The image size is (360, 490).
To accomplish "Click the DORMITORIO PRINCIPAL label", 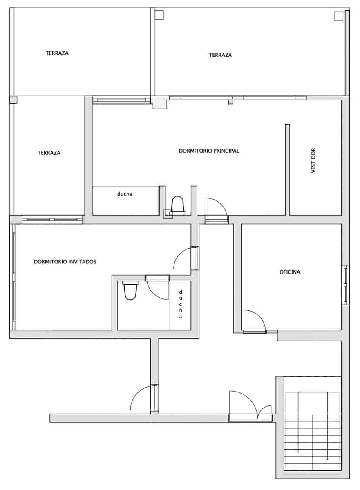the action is [x=209, y=151].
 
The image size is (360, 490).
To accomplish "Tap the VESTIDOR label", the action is [x=313, y=160].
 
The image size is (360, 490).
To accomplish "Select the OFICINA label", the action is [x=290, y=272].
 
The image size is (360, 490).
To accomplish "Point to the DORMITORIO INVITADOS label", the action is [x=65, y=262].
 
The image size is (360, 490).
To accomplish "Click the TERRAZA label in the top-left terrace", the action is [x=57, y=53].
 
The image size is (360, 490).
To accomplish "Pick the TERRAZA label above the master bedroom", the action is [x=220, y=55].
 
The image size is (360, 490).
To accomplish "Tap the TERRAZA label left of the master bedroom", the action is [x=49, y=153].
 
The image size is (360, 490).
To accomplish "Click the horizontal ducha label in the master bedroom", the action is [x=125, y=194].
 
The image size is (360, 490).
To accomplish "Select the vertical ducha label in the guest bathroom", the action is [x=181, y=304].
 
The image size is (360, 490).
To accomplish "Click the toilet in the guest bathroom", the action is [x=130, y=290].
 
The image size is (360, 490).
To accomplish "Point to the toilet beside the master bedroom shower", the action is [x=177, y=206].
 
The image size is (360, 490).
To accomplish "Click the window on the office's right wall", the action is [x=345, y=285].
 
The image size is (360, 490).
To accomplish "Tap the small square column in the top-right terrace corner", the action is [x=338, y=16].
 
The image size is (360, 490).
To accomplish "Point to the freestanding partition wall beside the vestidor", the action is [x=287, y=170].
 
